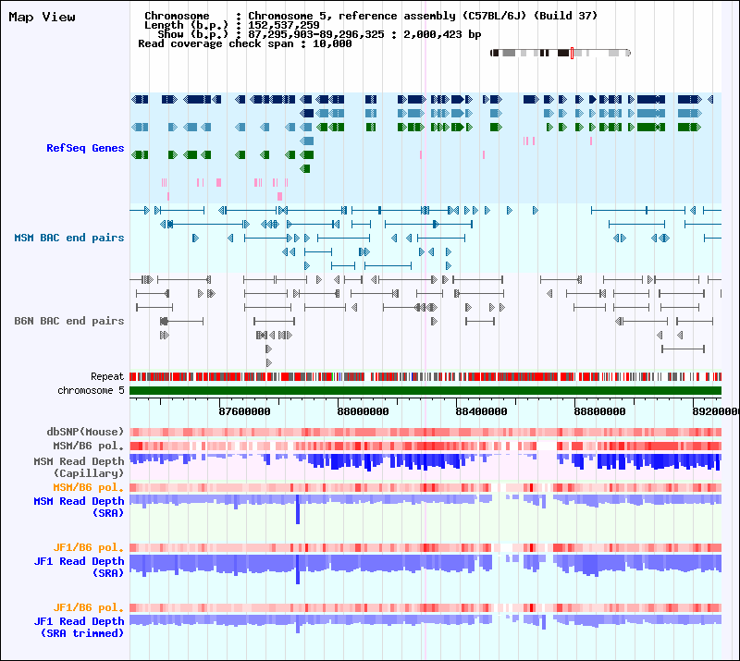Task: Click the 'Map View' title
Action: pyautogui.click(x=42, y=17)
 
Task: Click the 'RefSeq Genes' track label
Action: pyautogui.click(x=85, y=148)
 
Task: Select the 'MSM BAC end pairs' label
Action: pyautogui.click(x=69, y=238)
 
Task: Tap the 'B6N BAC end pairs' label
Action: pyautogui.click(x=69, y=321)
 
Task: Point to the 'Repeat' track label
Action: pyautogui.click(x=107, y=376)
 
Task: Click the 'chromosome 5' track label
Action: pyautogui.click(x=91, y=390)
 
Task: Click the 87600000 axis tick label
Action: pyautogui.click(x=244, y=411)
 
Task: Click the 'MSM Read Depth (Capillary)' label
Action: pyautogui.click(x=79, y=467)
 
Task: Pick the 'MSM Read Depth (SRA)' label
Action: pyautogui.click(x=79, y=507)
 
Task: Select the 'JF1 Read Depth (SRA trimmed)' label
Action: pyautogui.click(x=79, y=627)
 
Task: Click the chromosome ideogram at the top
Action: pyautogui.click(x=561, y=53)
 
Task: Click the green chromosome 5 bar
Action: pyautogui.click(x=425, y=391)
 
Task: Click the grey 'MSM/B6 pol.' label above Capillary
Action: pyautogui.click(x=89, y=446)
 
